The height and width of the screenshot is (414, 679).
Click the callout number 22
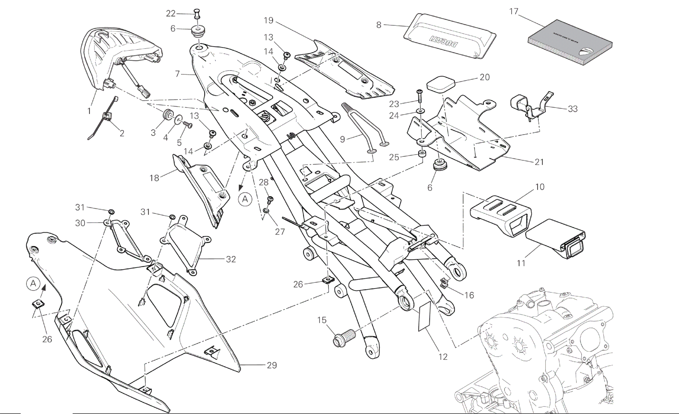point(171,13)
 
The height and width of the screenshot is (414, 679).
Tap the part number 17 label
point(514,11)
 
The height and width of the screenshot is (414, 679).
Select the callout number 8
point(379,25)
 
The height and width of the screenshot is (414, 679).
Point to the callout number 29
point(272,365)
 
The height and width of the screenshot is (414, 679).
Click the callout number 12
point(443,357)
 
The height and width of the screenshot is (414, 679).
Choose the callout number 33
point(573,109)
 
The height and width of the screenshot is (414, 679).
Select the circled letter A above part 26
point(33,283)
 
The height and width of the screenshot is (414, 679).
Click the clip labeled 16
point(444,283)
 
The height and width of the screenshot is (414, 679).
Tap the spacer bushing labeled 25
point(422,154)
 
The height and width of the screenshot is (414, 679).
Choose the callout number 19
point(268,21)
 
